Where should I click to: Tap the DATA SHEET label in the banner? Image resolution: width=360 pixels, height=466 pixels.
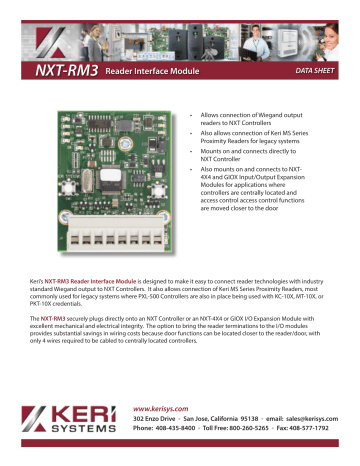coord(311,72)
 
